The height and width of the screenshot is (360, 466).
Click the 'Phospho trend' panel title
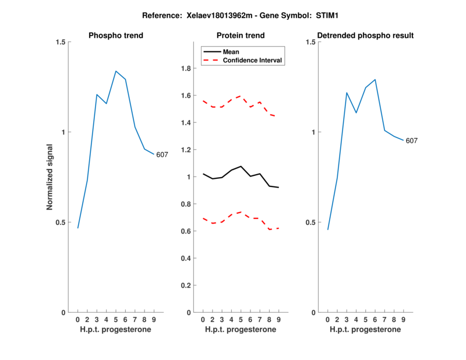[116, 36]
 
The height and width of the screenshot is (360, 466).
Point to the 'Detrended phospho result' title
[365, 36]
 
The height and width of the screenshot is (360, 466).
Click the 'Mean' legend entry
[231, 51]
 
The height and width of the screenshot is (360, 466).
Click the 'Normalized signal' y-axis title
[50, 177]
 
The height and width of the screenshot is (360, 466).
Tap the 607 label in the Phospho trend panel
[162, 154]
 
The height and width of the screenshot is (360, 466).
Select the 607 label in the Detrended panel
[412, 140]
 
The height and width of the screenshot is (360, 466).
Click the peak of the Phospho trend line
[116, 71]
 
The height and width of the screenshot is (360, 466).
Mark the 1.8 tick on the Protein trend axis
[187, 69]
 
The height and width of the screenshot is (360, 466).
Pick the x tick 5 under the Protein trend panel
[241, 320]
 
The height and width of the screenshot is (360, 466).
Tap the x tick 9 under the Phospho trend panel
[154, 320]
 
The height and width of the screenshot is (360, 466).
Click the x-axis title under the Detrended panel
[365, 329]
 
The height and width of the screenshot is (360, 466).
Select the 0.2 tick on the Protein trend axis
[187, 285]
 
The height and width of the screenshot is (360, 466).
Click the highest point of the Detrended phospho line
[375, 79]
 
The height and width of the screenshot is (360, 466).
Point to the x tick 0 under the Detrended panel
[327, 320]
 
